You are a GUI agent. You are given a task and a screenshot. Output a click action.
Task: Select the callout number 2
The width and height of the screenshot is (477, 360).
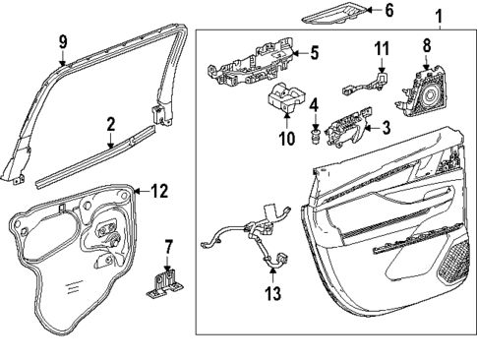coord(111,125)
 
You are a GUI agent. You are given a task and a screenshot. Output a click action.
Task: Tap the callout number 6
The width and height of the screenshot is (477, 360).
coord(388,12)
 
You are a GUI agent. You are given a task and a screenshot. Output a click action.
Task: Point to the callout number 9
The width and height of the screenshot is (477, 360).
coord(62,43)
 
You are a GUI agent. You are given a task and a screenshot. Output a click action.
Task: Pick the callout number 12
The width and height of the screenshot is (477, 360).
coord(159,191)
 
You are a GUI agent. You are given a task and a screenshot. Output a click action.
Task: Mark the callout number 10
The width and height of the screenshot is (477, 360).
coord(287,140)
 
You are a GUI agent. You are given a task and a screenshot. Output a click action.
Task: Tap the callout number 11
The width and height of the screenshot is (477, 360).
coord(383,46)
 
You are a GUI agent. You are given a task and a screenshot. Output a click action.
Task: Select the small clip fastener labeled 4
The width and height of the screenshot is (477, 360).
coord(316,133)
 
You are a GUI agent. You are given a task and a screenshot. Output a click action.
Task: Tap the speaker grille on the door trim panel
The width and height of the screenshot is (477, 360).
coord(453,260)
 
